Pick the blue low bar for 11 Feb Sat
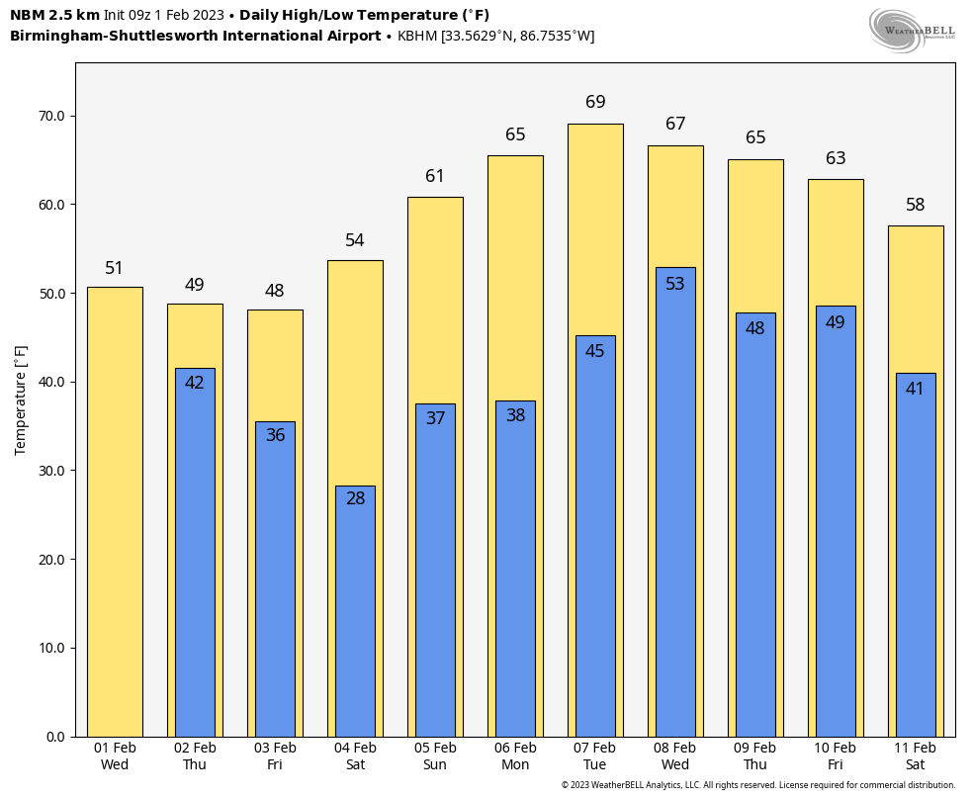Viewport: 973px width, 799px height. (x=916, y=564)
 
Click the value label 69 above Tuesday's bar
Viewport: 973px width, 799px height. (x=595, y=102)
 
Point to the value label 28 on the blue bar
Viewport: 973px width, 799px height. (x=355, y=498)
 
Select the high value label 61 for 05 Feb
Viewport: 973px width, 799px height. (x=435, y=176)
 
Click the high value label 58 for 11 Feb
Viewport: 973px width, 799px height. (x=916, y=205)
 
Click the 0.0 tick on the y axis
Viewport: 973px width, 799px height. (x=55, y=737)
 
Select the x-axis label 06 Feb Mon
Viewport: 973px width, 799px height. (x=515, y=756)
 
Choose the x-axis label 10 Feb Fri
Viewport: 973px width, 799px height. (x=836, y=756)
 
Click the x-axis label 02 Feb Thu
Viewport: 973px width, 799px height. (x=195, y=756)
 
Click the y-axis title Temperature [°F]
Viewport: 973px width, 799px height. (x=22, y=399)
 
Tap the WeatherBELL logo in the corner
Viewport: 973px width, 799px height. (x=912, y=31)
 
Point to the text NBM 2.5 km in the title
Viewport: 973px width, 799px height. (x=54, y=15)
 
